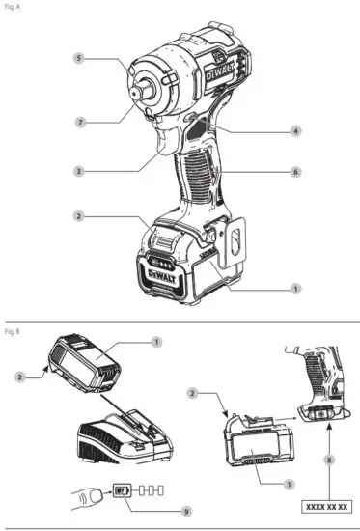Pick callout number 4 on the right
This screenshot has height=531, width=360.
(x=296, y=129)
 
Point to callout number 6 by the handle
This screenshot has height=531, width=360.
(x=296, y=172)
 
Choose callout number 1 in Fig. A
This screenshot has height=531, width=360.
(x=296, y=288)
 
